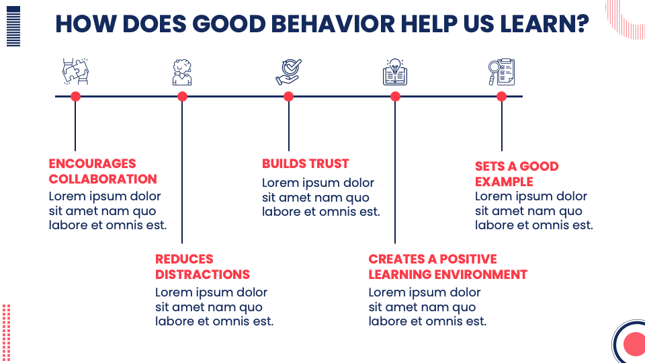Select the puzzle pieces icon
(x=75, y=71)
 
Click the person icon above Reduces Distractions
(x=182, y=72)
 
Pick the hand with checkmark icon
(x=289, y=72)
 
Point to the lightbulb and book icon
(x=395, y=72)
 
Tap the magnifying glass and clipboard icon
(x=501, y=72)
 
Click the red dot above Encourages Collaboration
(x=75, y=96)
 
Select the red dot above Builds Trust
(x=289, y=96)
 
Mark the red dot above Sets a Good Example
(x=501, y=96)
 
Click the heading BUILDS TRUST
(x=305, y=163)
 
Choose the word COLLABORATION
(x=103, y=179)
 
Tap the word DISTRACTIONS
(x=202, y=274)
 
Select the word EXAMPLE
(x=504, y=182)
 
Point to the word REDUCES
(x=184, y=259)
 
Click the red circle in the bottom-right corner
(x=634, y=344)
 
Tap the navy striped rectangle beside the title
(x=13, y=26)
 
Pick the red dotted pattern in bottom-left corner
(x=6, y=333)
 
